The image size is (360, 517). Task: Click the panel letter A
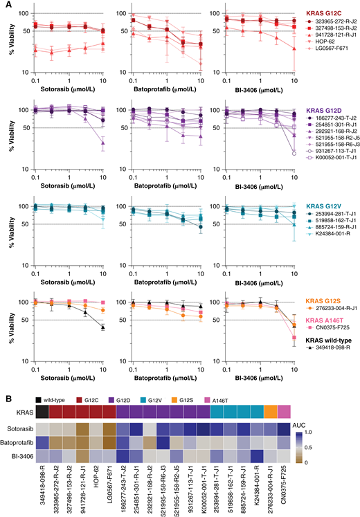tap(5, 5)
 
